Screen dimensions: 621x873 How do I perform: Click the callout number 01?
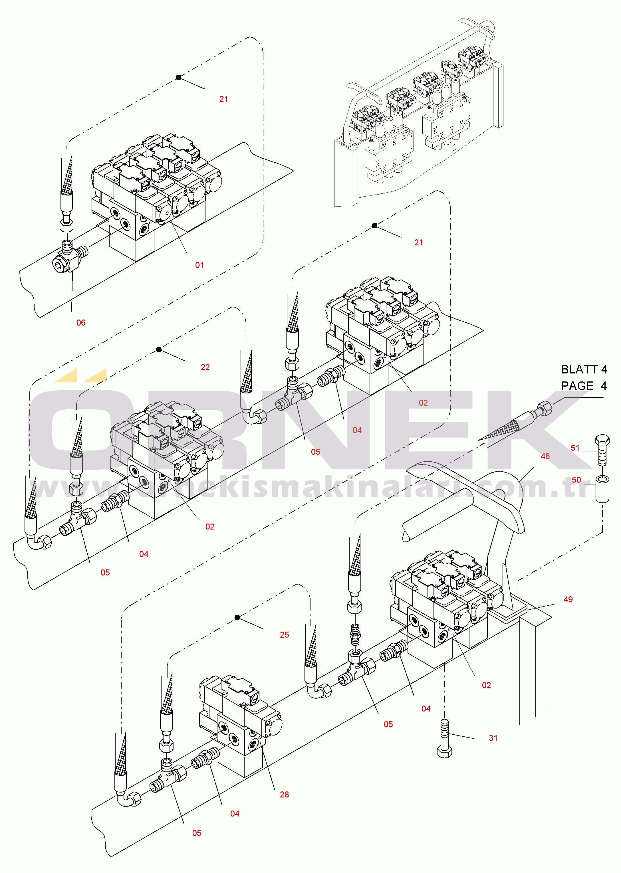click(x=199, y=265)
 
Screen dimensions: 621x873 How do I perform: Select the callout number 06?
click(x=81, y=323)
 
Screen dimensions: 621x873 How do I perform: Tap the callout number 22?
click(x=205, y=367)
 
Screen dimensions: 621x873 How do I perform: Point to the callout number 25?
click(x=284, y=634)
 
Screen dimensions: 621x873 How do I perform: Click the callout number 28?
click(x=284, y=794)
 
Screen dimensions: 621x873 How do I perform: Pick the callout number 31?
click(x=493, y=738)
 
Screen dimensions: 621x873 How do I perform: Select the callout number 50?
click(x=576, y=480)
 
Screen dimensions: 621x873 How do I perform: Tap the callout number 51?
click(x=575, y=448)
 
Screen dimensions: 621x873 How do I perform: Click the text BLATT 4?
click(x=584, y=369)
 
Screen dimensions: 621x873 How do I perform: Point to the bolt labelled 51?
click(x=602, y=450)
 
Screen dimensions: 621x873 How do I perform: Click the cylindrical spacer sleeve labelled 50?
click(x=602, y=489)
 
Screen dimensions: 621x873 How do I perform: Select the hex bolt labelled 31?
click(x=444, y=738)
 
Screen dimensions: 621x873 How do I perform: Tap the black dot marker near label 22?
click(x=159, y=349)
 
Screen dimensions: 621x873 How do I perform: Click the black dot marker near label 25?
click(x=237, y=617)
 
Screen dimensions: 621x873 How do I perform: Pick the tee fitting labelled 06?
click(x=70, y=255)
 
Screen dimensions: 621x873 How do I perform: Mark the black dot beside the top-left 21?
click(x=178, y=77)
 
